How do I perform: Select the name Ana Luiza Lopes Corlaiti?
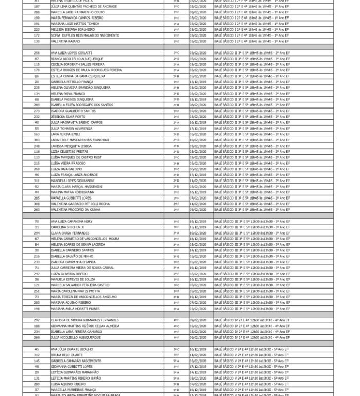coord(71,53)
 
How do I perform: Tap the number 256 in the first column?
coord(37,53)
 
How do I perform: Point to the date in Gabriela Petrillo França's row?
coord(197,82)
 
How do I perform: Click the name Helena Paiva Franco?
coord(68,94)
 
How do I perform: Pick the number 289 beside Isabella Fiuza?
coord(37,105)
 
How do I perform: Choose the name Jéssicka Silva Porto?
coord(68,117)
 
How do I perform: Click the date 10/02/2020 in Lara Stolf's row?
coord(197,140)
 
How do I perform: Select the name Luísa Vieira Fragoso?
coord(68,163)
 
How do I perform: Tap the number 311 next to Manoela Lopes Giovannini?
coord(37,181)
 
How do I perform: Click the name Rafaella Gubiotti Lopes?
coord(71,198)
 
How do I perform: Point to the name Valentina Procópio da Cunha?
coord(75,210)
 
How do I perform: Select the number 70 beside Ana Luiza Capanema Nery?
coord(37,221)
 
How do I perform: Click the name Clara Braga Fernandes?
coord(70,233)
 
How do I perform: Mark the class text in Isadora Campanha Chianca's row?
coord(252,262)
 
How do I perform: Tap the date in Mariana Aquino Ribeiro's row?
coord(197,303)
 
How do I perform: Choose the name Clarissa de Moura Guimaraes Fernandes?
coord(84,320)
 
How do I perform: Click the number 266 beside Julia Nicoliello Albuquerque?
coord(37,338)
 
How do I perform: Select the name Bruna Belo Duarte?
coord(67,355)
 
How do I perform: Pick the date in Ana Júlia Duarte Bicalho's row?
coord(197,349)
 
